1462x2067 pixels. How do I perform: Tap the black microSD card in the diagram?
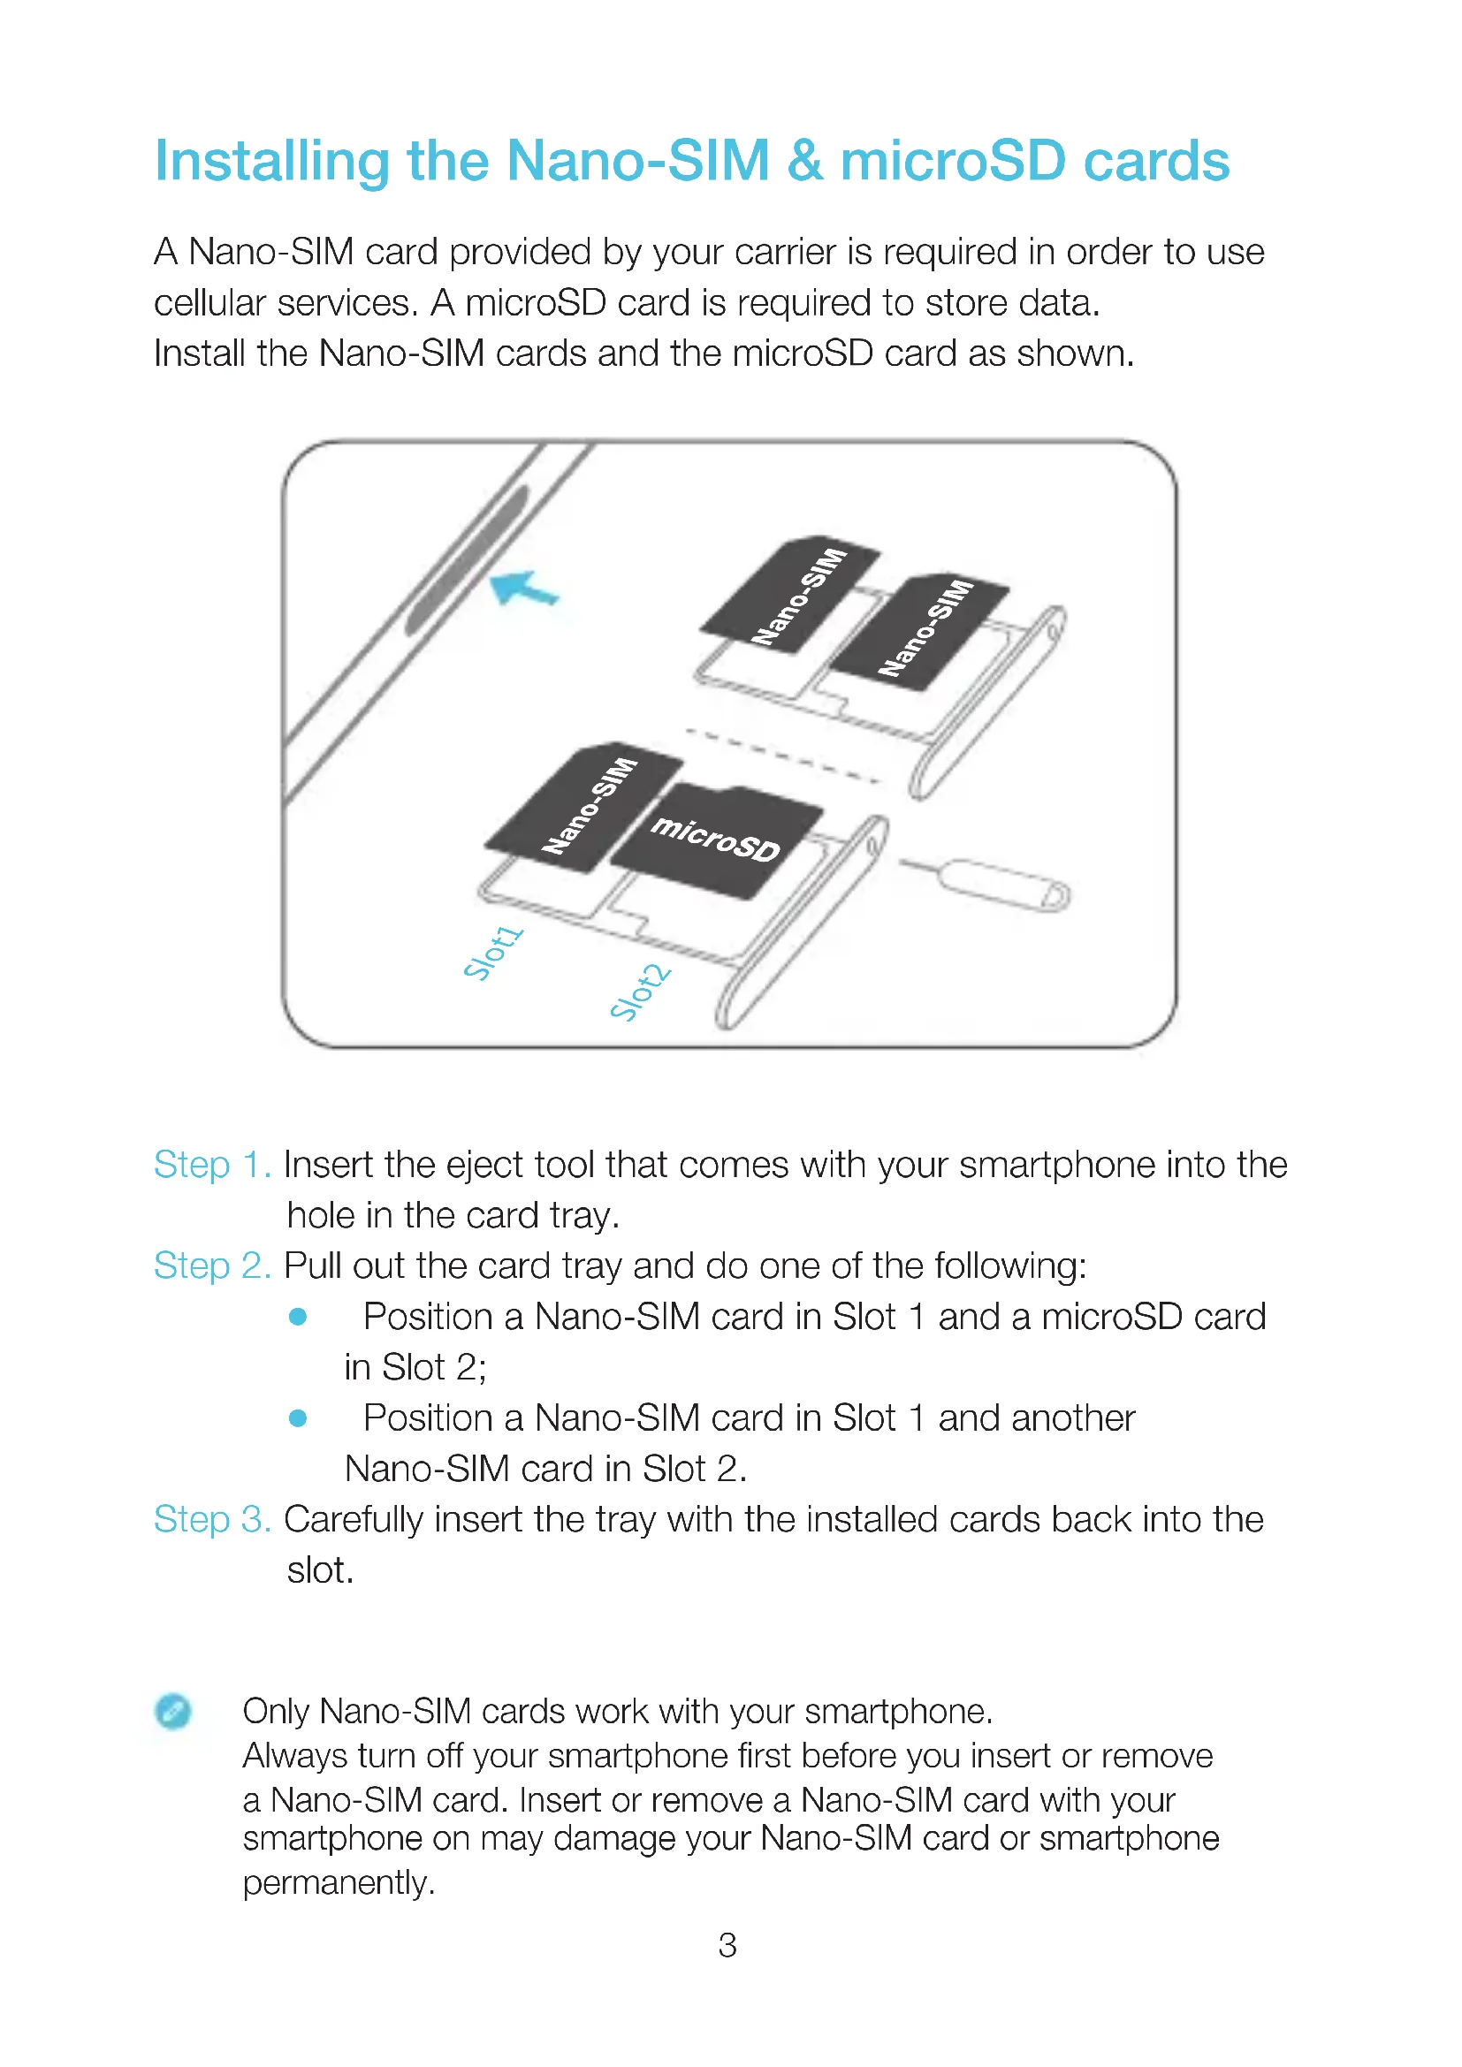tap(718, 839)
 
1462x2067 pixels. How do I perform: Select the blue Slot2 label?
tap(640, 992)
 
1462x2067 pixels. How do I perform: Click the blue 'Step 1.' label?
tap(212, 1165)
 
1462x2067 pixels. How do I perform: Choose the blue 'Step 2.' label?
tap(212, 1265)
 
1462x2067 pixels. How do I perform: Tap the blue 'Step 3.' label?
tap(212, 1520)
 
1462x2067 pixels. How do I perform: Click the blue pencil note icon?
tap(173, 1712)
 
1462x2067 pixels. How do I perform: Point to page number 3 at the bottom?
tap(727, 1945)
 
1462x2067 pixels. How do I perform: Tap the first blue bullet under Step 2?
tap(298, 1317)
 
